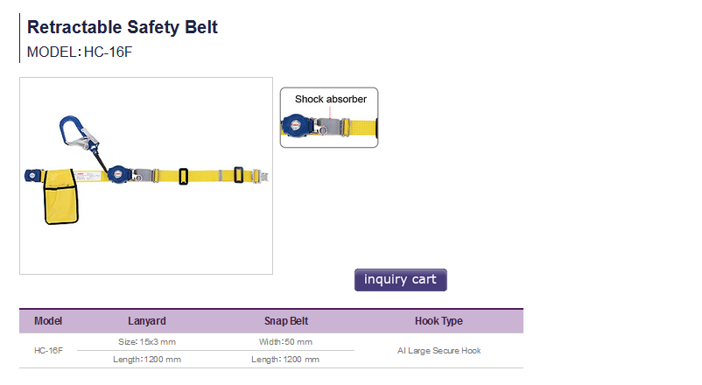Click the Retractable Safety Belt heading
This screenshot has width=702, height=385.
123,27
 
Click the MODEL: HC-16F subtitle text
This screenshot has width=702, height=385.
80,52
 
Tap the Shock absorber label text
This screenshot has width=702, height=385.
330,99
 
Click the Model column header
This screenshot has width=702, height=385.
48,321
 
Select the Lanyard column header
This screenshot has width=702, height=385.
147,321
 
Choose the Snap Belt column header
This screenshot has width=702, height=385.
286,321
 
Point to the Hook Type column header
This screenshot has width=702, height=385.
439,321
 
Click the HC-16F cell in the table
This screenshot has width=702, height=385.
48,351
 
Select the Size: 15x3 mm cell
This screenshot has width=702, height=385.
147,342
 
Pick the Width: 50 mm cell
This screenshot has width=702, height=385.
285,342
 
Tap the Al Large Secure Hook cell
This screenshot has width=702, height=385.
439,351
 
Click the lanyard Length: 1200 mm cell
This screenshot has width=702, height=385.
147,360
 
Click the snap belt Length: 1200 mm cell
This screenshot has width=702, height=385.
285,360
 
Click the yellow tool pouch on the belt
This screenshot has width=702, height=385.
61,196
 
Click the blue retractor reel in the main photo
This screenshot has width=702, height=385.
118,175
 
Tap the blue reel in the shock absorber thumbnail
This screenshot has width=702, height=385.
296,126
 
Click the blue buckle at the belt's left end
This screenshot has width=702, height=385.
33,176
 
